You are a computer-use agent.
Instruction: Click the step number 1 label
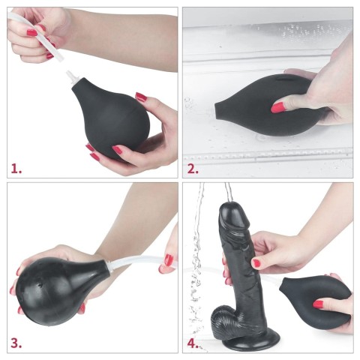click(16, 169)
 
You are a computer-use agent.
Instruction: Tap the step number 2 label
click(193, 169)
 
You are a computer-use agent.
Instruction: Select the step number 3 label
click(16, 344)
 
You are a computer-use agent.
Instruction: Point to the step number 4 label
click(193, 344)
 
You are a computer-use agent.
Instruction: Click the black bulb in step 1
click(112, 120)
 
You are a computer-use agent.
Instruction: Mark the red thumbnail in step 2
click(278, 108)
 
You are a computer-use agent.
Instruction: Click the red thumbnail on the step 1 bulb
click(140, 97)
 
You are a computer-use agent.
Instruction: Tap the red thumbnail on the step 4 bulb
click(318, 304)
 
